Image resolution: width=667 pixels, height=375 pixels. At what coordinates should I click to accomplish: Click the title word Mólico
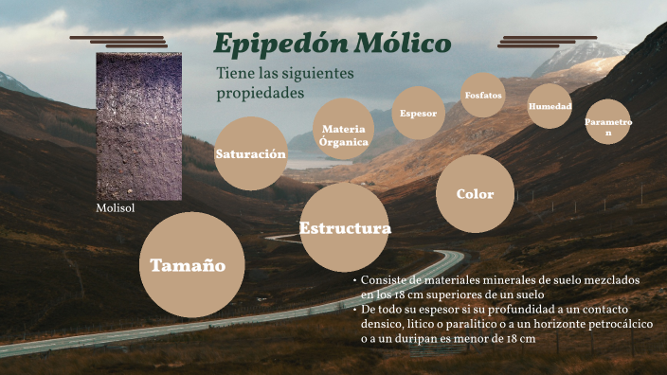tap(403, 44)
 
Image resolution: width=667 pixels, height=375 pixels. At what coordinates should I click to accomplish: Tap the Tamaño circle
tap(188, 265)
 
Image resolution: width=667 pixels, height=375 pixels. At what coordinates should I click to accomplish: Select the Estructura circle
tap(345, 228)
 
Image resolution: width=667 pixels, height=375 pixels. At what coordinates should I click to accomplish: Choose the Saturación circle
tap(250, 153)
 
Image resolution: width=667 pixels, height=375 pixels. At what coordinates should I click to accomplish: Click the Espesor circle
tap(418, 114)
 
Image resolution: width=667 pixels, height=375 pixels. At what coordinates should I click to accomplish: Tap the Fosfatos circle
tap(483, 96)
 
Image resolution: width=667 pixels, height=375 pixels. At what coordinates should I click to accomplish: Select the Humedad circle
tap(550, 106)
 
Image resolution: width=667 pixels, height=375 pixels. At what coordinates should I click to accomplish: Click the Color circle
tap(475, 194)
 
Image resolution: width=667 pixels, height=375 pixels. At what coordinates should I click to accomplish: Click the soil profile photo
tap(138, 125)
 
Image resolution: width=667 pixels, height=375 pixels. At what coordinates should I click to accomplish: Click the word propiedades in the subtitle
tap(261, 94)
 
